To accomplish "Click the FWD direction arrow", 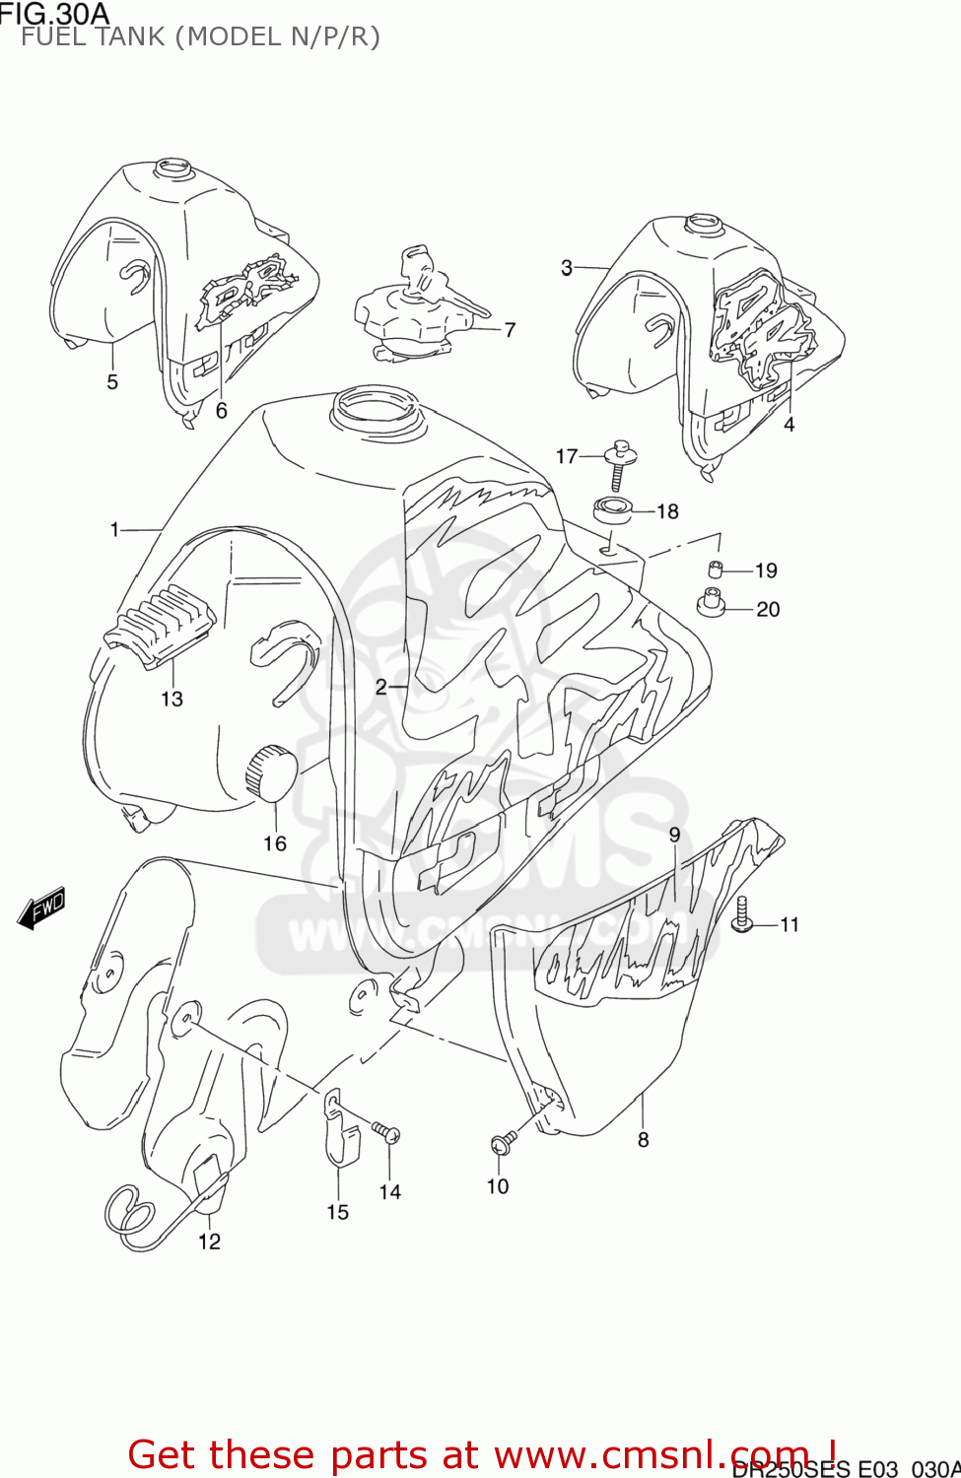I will click(x=42, y=907).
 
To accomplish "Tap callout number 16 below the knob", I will click(x=275, y=843).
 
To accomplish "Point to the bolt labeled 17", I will click(x=621, y=460).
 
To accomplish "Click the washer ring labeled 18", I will click(x=612, y=510).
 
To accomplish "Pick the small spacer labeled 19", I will click(x=717, y=569).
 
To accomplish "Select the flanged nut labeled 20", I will click(x=710, y=602).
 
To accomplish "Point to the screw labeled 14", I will click(x=385, y=1132).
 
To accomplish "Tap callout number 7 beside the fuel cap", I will click(x=510, y=330).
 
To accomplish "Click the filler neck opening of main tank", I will click(x=375, y=406).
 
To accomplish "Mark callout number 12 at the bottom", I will click(x=209, y=1242).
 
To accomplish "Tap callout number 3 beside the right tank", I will click(x=567, y=267).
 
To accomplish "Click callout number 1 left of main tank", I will click(x=115, y=530).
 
